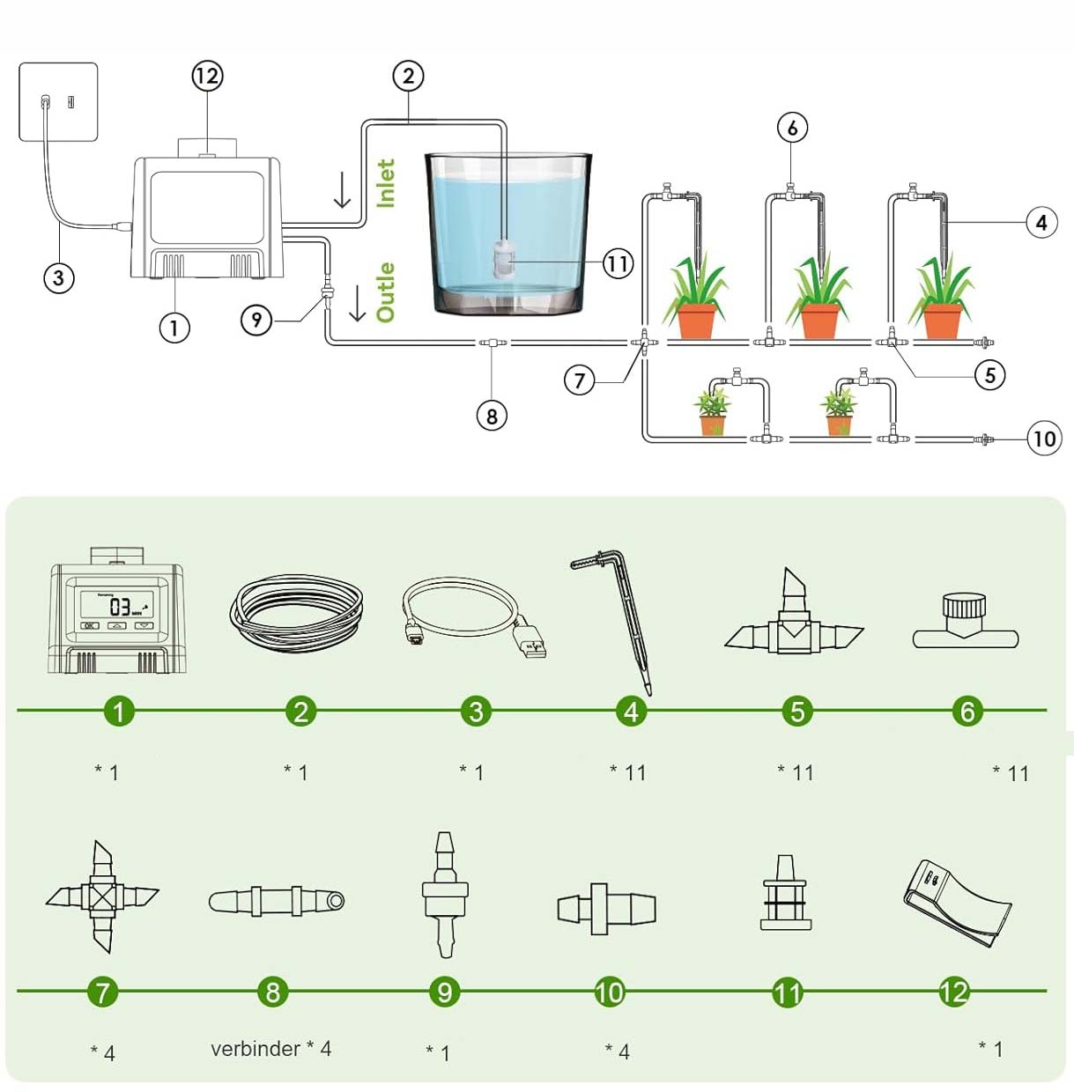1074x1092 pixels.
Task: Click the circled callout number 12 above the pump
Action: click(x=207, y=77)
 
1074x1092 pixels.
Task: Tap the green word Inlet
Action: click(x=386, y=183)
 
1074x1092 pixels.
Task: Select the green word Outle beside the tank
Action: click(x=386, y=291)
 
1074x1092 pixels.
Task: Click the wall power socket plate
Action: click(x=58, y=101)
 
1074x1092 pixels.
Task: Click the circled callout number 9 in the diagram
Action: click(x=256, y=319)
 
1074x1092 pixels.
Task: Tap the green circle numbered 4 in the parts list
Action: click(x=631, y=711)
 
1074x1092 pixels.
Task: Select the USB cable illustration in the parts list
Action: click(x=473, y=616)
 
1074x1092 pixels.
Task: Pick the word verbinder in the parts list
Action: click(x=256, y=1049)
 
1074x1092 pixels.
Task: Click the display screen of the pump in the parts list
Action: click(x=117, y=605)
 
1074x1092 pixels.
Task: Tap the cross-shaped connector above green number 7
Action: click(x=102, y=897)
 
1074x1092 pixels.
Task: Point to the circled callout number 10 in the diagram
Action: click(x=1044, y=438)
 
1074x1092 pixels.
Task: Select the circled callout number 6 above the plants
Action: click(x=792, y=129)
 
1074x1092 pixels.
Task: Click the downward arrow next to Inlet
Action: click(x=343, y=190)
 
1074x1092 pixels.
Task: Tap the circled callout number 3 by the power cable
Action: click(x=59, y=279)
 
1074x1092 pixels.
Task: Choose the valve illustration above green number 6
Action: click(x=965, y=622)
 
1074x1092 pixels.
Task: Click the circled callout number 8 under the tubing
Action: click(x=492, y=416)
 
